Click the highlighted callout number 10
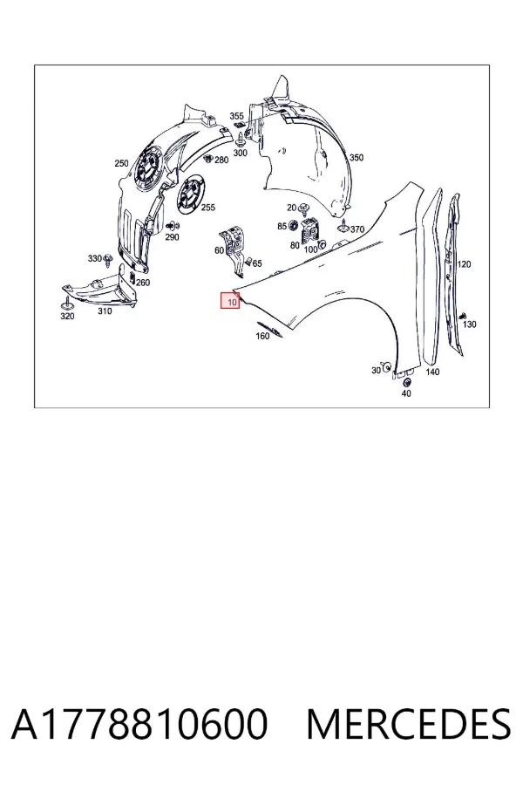(x=232, y=303)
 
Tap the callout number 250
(x=121, y=163)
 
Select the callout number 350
(x=357, y=158)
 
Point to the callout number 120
(x=464, y=264)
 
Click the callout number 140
(x=432, y=372)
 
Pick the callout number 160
(x=262, y=336)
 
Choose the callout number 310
(x=105, y=311)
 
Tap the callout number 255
(x=207, y=208)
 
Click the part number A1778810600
(x=139, y=724)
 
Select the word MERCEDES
(x=409, y=724)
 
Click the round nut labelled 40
(x=406, y=383)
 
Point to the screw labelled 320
(x=66, y=303)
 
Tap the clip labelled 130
(x=463, y=315)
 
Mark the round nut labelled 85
(x=293, y=225)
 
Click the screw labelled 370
(x=343, y=227)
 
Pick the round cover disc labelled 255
(x=191, y=194)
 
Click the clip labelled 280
(x=207, y=158)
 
